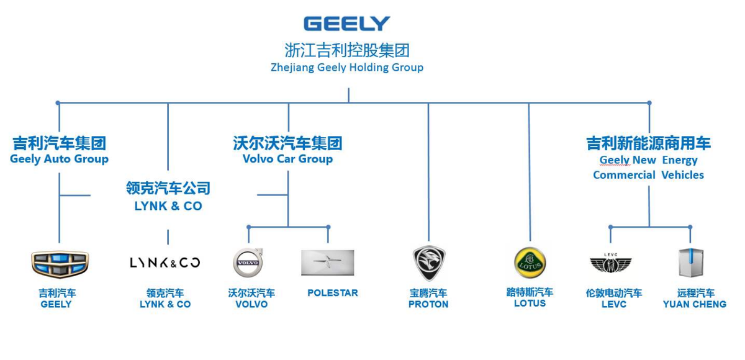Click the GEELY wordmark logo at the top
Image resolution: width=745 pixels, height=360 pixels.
tap(347, 24)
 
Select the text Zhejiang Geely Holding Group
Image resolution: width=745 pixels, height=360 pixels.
tap(347, 67)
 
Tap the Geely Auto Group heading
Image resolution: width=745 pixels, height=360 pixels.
tap(59, 159)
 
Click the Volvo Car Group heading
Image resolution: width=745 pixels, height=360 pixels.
tap(287, 159)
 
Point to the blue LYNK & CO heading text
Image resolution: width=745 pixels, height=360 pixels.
tap(168, 206)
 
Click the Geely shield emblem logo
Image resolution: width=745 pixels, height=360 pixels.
tap(60, 263)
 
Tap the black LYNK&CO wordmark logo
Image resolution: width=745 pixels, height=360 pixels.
tap(165, 263)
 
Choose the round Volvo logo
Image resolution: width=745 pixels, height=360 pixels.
tap(248, 263)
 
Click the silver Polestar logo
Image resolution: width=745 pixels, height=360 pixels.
tap(328, 263)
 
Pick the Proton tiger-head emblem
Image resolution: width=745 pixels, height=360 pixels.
tap(429, 263)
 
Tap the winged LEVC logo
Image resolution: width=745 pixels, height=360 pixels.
tap(610, 264)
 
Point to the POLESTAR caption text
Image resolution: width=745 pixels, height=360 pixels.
tap(333, 293)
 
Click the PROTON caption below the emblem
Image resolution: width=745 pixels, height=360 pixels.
tap(428, 304)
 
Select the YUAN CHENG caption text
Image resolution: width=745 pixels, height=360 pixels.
tap(694, 304)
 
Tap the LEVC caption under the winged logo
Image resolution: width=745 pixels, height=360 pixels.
tap(613, 304)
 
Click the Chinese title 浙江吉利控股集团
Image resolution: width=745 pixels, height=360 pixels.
tap(347, 50)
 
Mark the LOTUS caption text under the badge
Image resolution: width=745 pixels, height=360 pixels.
tap(530, 304)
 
